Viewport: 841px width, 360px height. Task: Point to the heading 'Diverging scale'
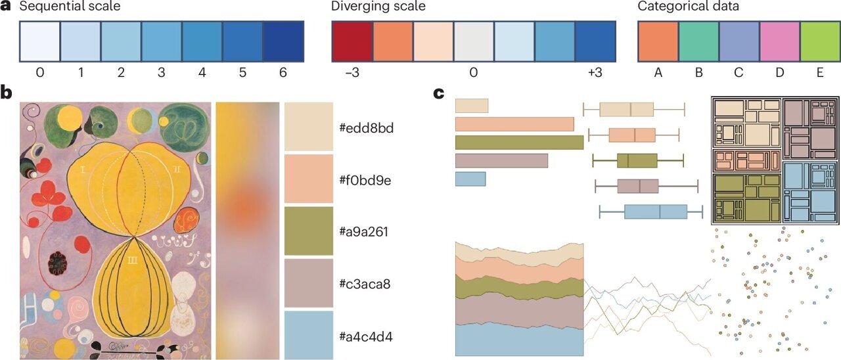point(378,7)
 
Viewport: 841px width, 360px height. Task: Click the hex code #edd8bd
point(366,127)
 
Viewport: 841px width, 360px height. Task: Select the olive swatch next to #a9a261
point(309,231)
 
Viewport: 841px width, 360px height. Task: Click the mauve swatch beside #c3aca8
point(309,284)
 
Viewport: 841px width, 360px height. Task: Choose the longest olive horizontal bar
point(519,143)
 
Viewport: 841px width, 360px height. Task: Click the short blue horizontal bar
point(470,179)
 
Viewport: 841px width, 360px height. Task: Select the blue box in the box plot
point(655,212)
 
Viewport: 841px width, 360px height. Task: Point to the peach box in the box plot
point(631,135)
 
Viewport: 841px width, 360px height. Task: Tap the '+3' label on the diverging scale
point(594,74)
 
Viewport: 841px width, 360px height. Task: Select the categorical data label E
point(819,74)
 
